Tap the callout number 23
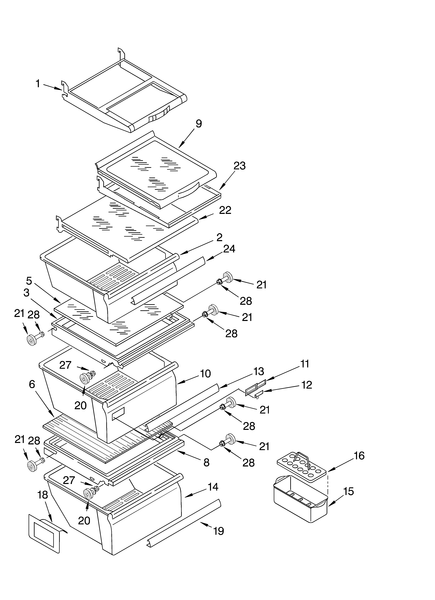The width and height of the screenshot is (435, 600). click(x=239, y=166)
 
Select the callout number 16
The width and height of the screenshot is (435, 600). click(x=359, y=456)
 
